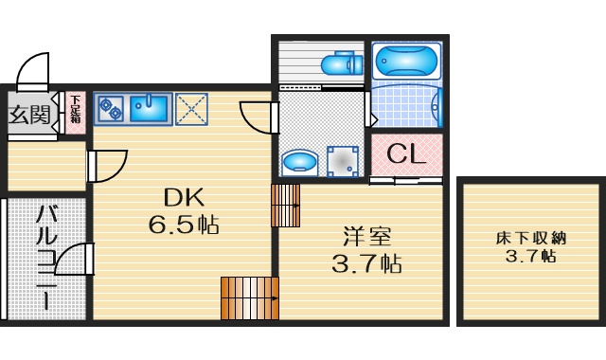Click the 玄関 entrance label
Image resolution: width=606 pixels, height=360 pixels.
tap(29, 115)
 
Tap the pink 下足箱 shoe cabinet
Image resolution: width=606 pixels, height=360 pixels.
tap(76, 113)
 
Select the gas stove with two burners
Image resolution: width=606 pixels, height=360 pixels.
tap(111, 109)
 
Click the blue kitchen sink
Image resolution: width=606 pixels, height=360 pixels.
tap(149, 109)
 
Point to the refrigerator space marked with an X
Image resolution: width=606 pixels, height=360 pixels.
tap(191, 109)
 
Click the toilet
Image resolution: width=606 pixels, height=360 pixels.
tap(342, 63)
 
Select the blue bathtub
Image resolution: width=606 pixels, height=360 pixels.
tap(406, 61)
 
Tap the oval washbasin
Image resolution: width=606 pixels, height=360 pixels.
tap(300, 162)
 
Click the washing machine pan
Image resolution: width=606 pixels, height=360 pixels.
tap(343, 161)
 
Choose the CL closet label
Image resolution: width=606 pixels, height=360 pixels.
tap(406, 153)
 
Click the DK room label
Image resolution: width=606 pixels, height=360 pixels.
tap(184, 197)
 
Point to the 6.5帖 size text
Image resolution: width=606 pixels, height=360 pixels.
tap(184, 225)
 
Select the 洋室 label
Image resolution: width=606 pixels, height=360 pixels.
tap(367, 237)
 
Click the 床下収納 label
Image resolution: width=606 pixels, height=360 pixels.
tap(531, 238)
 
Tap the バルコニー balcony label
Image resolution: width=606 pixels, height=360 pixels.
tap(46, 258)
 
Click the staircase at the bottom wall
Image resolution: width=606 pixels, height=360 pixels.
tap(250, 298)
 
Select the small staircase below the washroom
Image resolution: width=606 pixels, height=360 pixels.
tap(286, 206)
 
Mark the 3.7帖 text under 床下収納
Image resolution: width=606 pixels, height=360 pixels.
tap(531, 256)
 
